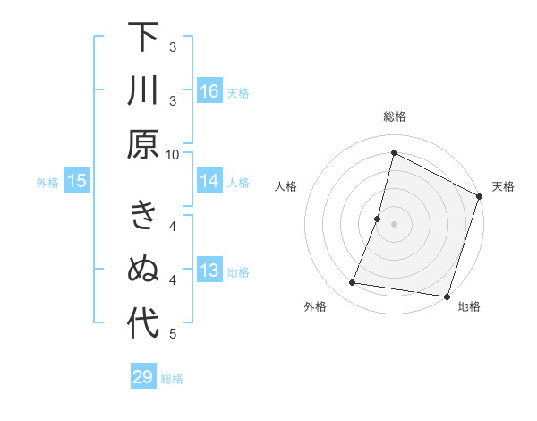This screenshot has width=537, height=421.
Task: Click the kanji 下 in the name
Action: pyautogui.click(x=143, y=38)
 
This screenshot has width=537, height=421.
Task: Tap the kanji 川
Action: pyautogui.click(x=143, y=91)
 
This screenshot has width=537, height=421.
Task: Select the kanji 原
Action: pyautogui.click(x=143, y=144)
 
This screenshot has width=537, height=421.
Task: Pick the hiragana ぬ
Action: pyautogui.click(x=143, y=270)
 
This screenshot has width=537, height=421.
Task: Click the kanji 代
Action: pyautogui.click(x=143, y=323)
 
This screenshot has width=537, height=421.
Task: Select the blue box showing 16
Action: pyautogui.click(x=209, y=90)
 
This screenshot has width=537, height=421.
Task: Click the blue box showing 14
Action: pyautogui.click(x=209, y=181)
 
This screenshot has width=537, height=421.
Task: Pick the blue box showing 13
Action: pyautogui.click(x=209, y=271)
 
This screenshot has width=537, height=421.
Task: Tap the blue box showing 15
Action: pyautogui.click(x=77, y=182)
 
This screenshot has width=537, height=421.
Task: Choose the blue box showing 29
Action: pyautogui.click(x=143, y=377)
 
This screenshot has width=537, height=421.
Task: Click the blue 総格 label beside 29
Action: pyautogui.click(x=172, y=379)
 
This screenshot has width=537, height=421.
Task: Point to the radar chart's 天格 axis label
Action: pyautogui.click(x=503, y=186)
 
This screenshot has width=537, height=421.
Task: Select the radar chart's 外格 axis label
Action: pyautogui.click(x=315, y=306)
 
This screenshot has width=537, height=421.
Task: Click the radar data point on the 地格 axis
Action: pyautogui.click(x=446, y=296)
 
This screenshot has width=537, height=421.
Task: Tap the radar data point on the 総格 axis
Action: pyautogui.click(x=394, y=152)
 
